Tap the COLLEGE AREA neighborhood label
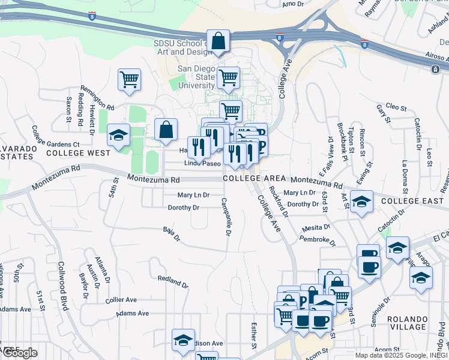click(250, 179)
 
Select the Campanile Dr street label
click(226, 217)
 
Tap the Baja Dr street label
click(172, 233)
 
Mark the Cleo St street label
click(396, 107)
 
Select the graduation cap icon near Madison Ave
click(183, 340)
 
